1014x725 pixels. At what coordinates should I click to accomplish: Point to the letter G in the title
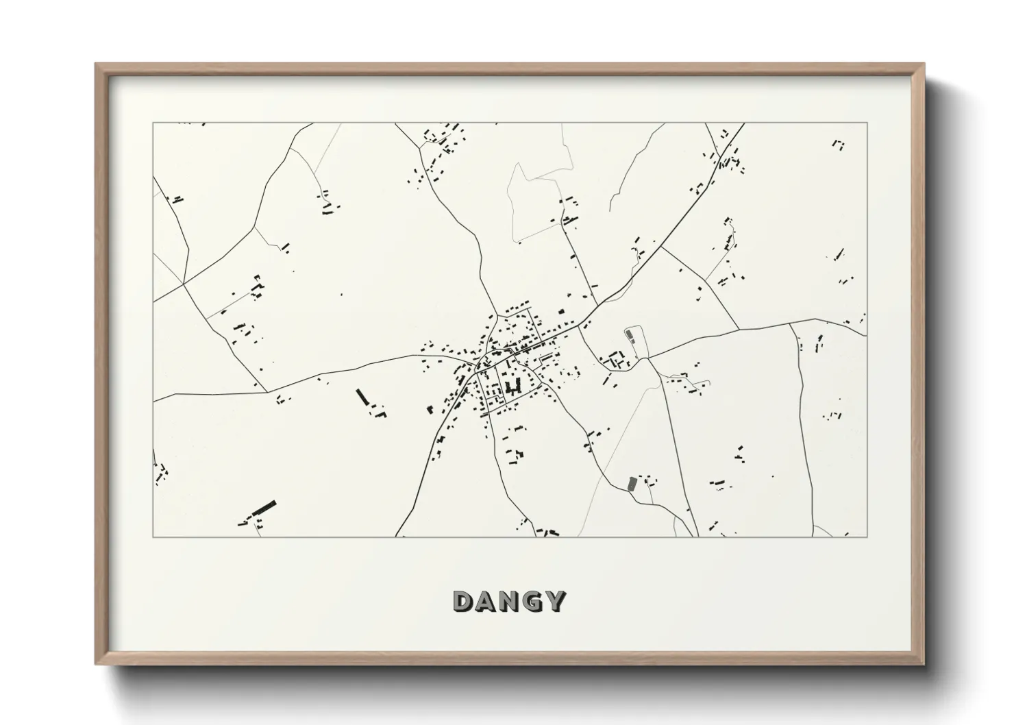click(532, 601)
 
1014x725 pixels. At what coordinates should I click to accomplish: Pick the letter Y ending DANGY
click(555, 601)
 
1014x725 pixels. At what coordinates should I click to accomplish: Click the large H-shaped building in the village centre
click(512, 388)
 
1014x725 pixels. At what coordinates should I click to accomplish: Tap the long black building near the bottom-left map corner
click(263, 508)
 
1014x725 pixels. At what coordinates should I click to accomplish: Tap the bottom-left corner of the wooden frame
click(97, 663)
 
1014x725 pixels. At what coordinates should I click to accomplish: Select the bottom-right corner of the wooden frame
click(924, 663)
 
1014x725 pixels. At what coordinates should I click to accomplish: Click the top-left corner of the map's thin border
click(153, 123)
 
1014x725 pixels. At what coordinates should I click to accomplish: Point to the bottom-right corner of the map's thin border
click(867, 537)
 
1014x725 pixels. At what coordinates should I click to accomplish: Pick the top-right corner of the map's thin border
click(867, 123)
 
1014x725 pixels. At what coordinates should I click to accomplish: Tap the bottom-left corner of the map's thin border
click(153, 537)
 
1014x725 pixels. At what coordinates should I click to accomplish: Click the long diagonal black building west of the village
click(362, 397)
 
